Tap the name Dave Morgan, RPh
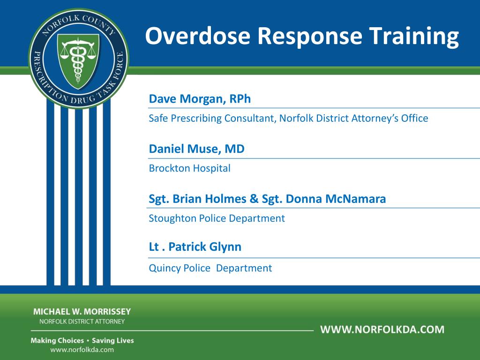point(200,99)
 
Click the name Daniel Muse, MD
point(196,149)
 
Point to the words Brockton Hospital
point(189,168)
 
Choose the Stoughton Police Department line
point(217,218)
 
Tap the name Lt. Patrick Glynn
point(195,247)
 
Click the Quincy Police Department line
point(210,268)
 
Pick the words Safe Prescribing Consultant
point(211,118)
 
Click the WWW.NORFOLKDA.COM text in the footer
point(382,329)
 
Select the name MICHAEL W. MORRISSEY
point(82,312)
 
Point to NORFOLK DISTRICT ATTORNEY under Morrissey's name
point(82,322)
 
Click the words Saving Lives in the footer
point(112,340)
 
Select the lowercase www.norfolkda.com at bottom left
point(82,350)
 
